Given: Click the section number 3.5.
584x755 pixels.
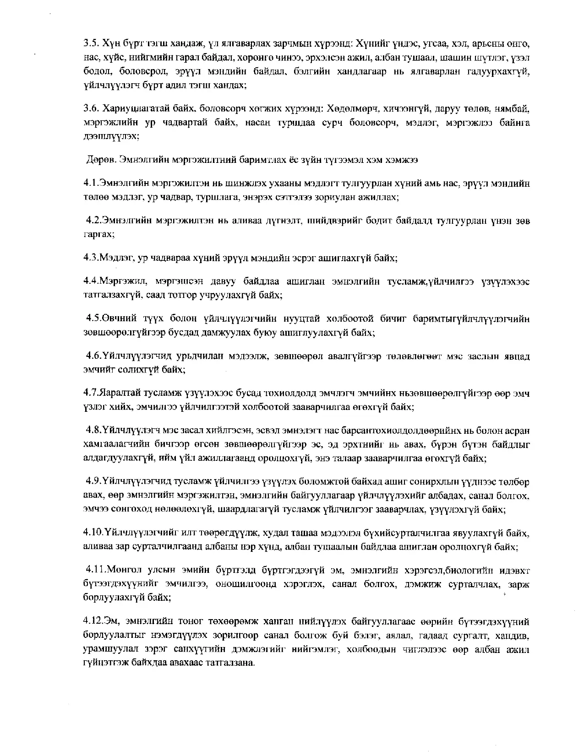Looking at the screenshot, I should coord(90,45).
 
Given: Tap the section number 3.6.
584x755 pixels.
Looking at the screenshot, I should coord(90,109).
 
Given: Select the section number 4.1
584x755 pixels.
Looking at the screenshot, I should coord(90,184).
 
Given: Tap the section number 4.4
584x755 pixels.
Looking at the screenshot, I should coord(90,281).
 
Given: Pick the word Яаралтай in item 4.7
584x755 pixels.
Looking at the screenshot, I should coord(118,393).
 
